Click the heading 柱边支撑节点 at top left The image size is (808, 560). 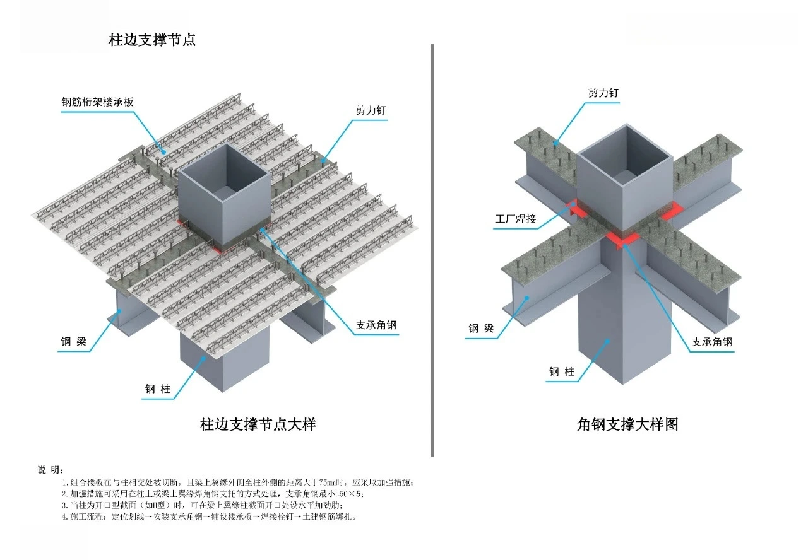pyautogui.click(x=152, y=40)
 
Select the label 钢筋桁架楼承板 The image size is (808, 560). pyautogui.click(x=97, y=102)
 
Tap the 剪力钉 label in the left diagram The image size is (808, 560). pyautogui.click(x=371, y=110)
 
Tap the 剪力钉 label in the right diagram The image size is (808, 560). pyautogui.click(x=603, y=93)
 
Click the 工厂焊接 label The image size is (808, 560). pyautogui.click(x=515, y=219)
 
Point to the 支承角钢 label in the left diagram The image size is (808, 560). pyautogui.click(x=376, y=325)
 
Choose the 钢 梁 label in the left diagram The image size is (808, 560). pyautogui.click(x=74, y=342)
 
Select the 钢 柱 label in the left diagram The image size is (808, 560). pyautogui.click(x=158, y=389)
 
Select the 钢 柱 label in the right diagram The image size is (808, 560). pyautogui.click(x=561, y=372)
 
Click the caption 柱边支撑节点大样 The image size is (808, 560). pyautogui.click(x=258, y=424)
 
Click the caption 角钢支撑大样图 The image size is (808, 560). pyautogui.click(x=627, y=424)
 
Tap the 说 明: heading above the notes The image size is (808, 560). pyautogui.click(x=49, y=470)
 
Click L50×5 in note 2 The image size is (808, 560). pyautogui.click(x=349, y=494)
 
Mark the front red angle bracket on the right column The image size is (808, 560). pyautogui.click(x=622, y=239)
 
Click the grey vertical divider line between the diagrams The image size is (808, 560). pyautogui.click(x=432, y=252)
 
